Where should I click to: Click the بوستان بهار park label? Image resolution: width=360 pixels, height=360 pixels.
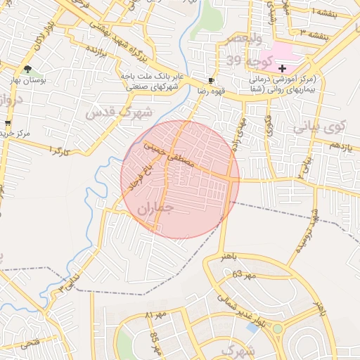[x=27, y=80]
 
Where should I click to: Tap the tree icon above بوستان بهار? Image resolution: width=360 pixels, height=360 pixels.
[x=27, y=69]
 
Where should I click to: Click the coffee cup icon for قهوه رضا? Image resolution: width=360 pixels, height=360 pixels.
[x=212, y=80]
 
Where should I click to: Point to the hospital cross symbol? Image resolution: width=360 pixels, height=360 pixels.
[x=282, y=68]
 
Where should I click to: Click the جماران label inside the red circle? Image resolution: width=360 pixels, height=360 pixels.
[x=155, y=208]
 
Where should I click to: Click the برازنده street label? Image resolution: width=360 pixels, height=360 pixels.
[x=96, y=51]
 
